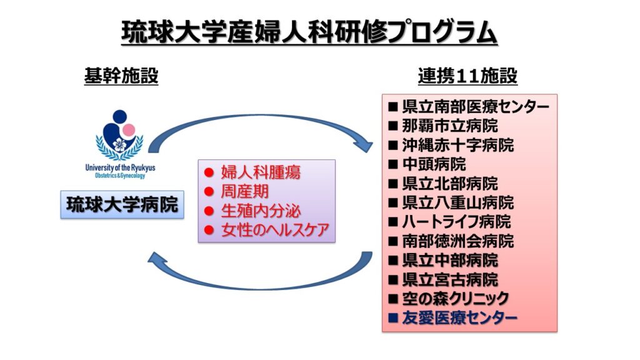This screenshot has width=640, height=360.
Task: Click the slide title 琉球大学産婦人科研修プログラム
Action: pyautogui.click(x=309, y=32)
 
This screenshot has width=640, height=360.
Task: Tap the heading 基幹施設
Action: pyautogui.click(x=121, y=76)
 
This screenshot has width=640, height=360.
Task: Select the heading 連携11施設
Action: pyautogui.click(x=467, y=76)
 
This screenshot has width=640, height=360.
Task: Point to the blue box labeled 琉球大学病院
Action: pyautogui.click(x=122, y=204)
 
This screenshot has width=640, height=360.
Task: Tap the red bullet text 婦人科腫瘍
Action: pyautogui.click(x=261, y=172)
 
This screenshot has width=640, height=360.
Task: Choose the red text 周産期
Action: pyautogui.click(x=245, y=191)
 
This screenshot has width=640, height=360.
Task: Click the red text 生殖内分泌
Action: pyautogui.click(x=261, y=211)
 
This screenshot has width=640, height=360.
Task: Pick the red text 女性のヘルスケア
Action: pyautogui.click(x=275, y=230)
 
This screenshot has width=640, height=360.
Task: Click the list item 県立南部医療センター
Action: pyautogui.click(x=476, y=107)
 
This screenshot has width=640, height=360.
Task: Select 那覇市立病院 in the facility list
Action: pyautogui.click(x=450, y=126)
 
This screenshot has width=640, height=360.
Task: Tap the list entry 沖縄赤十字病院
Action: pyautogui.click(x=458, y=145)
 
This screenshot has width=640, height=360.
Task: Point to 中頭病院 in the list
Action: pyautogui.click(x=434, y=164)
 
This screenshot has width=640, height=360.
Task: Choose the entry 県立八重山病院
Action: pyautogui.click(x=458, y=202)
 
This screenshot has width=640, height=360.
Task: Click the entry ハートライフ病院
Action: pyautogui.click(x=456, y=222)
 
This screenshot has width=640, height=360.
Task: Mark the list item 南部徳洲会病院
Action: pyautogui.click(x=458, y=241)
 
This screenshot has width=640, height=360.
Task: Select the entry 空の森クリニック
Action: pyautogui.click(x=456, y=299)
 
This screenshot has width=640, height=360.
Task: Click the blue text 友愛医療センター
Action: pyautogui.click(x=459, y=317)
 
